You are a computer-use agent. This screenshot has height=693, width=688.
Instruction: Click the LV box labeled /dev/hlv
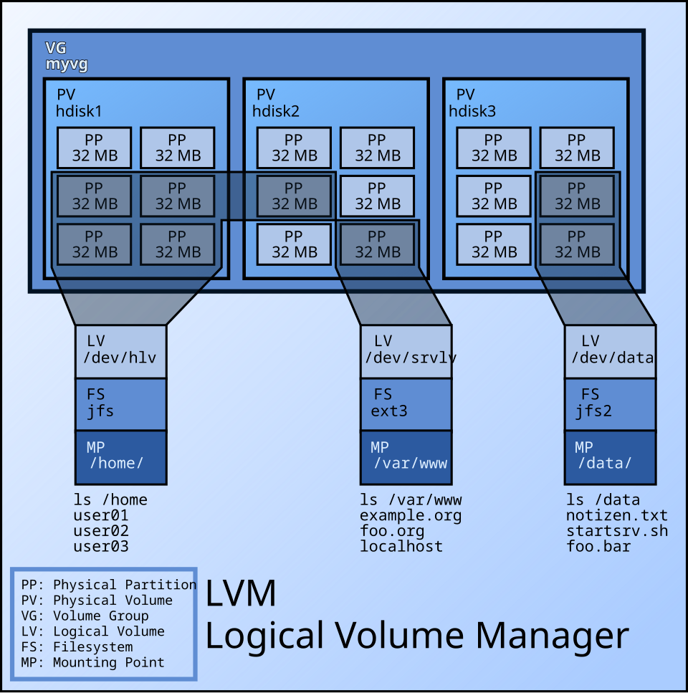120,351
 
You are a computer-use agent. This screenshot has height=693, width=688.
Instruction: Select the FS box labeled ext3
406,403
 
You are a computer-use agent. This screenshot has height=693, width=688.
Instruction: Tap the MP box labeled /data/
610,457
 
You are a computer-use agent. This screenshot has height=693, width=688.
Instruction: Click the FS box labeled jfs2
610,403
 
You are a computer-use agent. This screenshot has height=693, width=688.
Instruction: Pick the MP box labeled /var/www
406,457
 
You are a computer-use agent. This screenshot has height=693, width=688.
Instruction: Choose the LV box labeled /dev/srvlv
406,351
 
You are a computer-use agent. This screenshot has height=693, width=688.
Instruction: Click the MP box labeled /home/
120,457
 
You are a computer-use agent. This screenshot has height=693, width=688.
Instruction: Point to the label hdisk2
276,111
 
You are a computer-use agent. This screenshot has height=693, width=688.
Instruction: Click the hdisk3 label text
472,111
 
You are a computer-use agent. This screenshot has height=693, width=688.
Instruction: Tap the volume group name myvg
67,64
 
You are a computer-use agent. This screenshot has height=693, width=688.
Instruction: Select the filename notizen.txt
616,515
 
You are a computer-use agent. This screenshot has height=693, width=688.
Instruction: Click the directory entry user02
101,531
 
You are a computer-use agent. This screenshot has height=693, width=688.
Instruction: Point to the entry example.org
411,515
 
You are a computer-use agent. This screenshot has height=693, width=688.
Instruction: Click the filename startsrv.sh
616,531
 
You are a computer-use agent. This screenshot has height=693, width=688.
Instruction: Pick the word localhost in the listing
401,546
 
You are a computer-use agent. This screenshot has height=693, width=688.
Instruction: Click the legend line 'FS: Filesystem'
77,647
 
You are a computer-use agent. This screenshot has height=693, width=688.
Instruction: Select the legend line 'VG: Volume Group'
85,616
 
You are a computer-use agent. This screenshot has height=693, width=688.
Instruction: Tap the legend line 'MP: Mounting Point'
92,663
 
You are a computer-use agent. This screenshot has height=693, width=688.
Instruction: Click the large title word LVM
241,594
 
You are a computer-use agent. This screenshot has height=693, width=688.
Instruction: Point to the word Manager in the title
552,636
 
